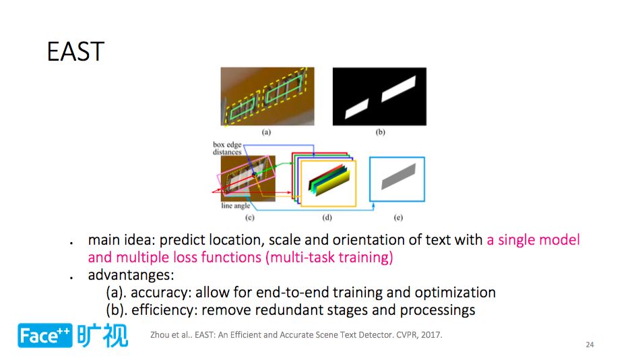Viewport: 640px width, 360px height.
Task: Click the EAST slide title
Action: pyautogui.click(x=75, y=51)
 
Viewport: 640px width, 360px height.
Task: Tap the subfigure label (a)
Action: pyautogui.click(x=266, y=132)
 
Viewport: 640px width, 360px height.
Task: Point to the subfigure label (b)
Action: pyautogui.click(x=381, y=132)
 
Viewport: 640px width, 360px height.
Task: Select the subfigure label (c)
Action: pyautogui.click(x=250, y=217)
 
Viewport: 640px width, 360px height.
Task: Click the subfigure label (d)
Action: pyautogui.click(x=327, y=217)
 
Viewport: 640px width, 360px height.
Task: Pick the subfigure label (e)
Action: pyautogui.click(x=398, y=217)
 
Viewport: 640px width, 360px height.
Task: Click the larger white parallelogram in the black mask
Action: pyautogui.click(x=398, y=89)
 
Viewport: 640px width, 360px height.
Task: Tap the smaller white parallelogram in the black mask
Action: pyautogui.click(x=357, y=109)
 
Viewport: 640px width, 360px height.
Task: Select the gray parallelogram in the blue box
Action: pyautogui.click(x=398, y=177)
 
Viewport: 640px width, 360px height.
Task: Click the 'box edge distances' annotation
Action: pyautogui.click(x=227, y=148)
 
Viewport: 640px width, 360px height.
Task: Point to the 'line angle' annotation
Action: pyautogui.click(x=236, y=206)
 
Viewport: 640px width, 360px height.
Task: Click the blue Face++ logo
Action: pyautogui.click(x=45, y=336)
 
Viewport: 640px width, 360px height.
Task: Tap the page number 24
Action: pyautogui.click(x=589, y=344)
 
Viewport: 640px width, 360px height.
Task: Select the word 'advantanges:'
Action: pyautogui.click(x=131, y=275)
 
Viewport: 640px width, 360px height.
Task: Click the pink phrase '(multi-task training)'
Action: pyautogui.click(x=329, y=258)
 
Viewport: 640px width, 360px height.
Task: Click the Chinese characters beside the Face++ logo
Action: pyautogui.click(x=102, y=336)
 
